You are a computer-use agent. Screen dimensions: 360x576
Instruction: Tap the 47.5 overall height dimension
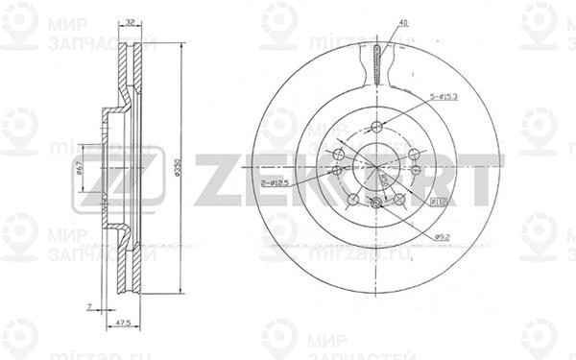point(122,324)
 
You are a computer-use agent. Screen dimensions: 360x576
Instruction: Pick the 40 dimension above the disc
point(404,21)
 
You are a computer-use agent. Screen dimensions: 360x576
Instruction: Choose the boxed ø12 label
point(434,202)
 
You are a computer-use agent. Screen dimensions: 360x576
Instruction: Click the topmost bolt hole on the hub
point(376,128)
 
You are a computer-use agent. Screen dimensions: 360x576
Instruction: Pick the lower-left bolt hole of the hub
point(353,199)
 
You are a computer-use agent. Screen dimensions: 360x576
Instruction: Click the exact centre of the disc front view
point(376,167)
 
